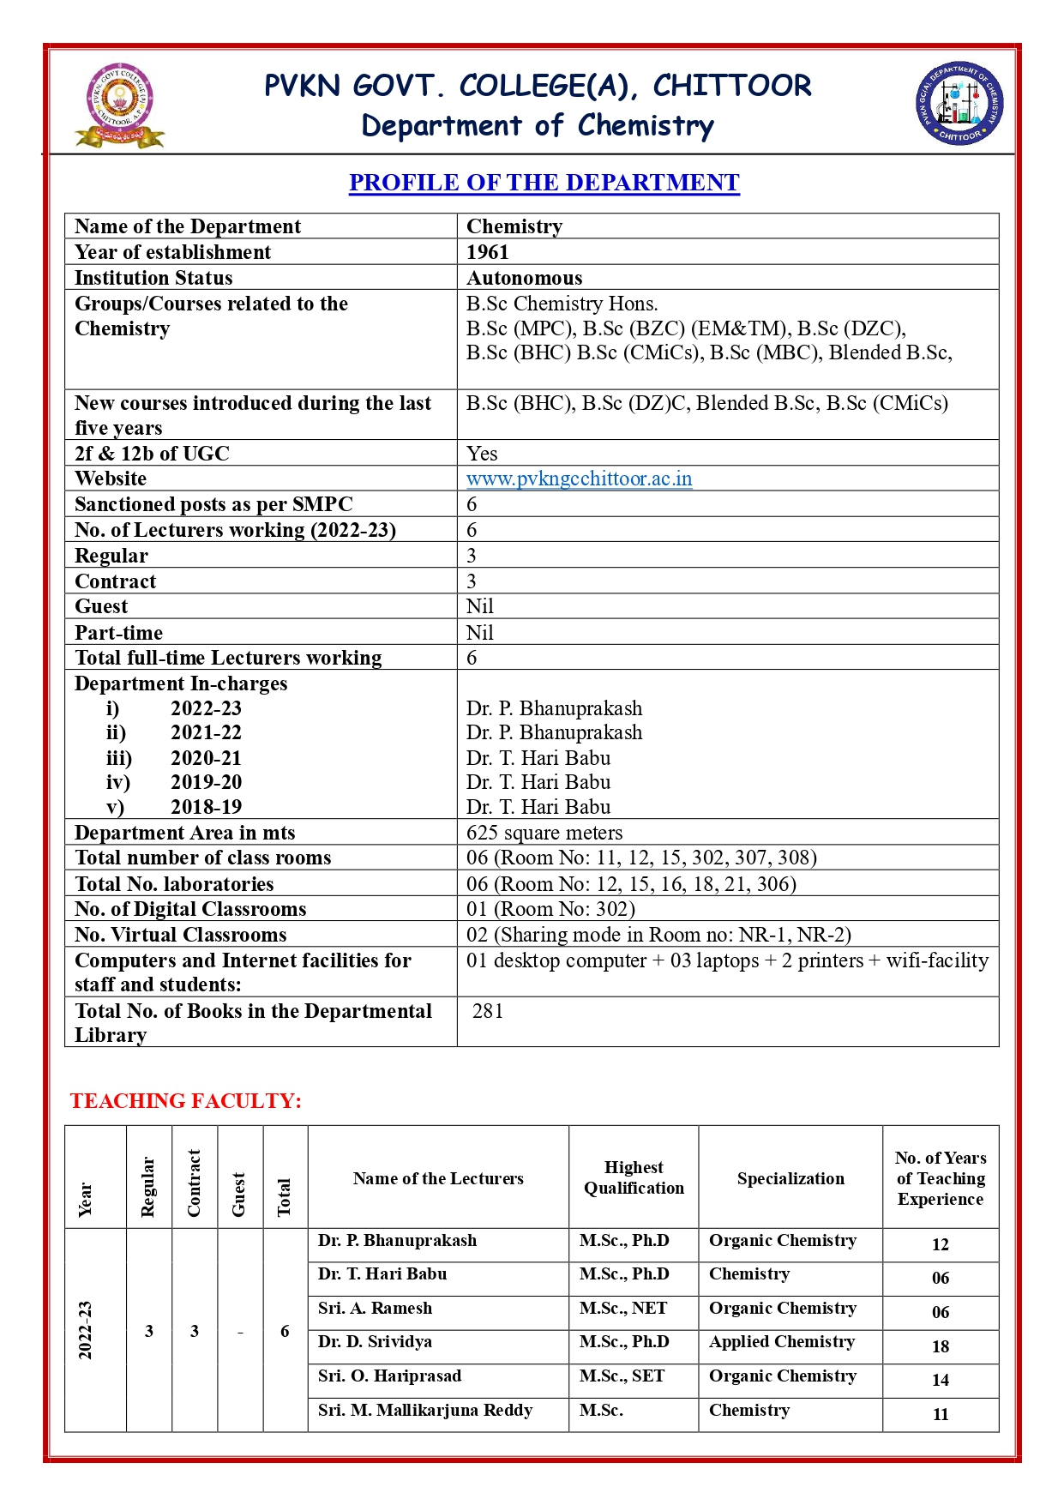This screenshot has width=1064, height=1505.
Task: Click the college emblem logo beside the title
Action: click(x=119, y=105)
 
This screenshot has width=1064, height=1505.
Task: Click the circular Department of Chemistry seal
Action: click(x=959, y=104)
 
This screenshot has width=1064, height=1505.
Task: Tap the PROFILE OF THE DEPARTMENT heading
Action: click(x=544, y=183)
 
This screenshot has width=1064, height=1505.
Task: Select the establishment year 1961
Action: click(x=488, y=252)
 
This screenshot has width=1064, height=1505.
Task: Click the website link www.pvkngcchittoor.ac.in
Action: click(x=579, y=479)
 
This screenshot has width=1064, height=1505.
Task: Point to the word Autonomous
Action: click(x=524, y=278)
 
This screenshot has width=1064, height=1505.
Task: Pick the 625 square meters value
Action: click(x=544, y=833)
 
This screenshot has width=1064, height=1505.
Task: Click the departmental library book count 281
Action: click(x=488, y=1011)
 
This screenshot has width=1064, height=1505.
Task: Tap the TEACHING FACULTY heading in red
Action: click(x=186, y=1101)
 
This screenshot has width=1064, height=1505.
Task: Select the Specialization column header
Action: click(x=790, y=1178)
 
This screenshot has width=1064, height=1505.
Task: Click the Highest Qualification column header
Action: click(x=634, y=1177)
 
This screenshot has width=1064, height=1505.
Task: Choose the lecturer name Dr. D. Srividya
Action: click(x=375, y=1342)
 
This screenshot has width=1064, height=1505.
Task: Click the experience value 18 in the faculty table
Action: click(x=941, y=1346)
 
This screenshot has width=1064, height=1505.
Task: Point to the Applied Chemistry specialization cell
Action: click(x=782, y=1342)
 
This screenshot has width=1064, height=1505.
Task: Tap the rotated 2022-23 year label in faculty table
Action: click(x=85, y=1330)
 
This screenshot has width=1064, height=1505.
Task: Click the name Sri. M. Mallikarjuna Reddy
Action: click(x=425, y=1411)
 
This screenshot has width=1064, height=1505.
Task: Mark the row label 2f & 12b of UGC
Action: click(x=152, y=454)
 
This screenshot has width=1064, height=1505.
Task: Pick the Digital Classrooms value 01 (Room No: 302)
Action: click(x=550, y=909)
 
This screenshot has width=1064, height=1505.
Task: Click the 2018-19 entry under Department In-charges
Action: click(x=206, y=807)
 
